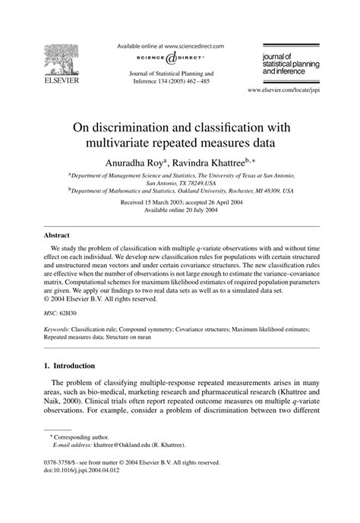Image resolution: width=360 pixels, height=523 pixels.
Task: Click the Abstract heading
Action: click(x=56, y=235)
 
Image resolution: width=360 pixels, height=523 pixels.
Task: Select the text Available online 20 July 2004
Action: click(x=179, y=211)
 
